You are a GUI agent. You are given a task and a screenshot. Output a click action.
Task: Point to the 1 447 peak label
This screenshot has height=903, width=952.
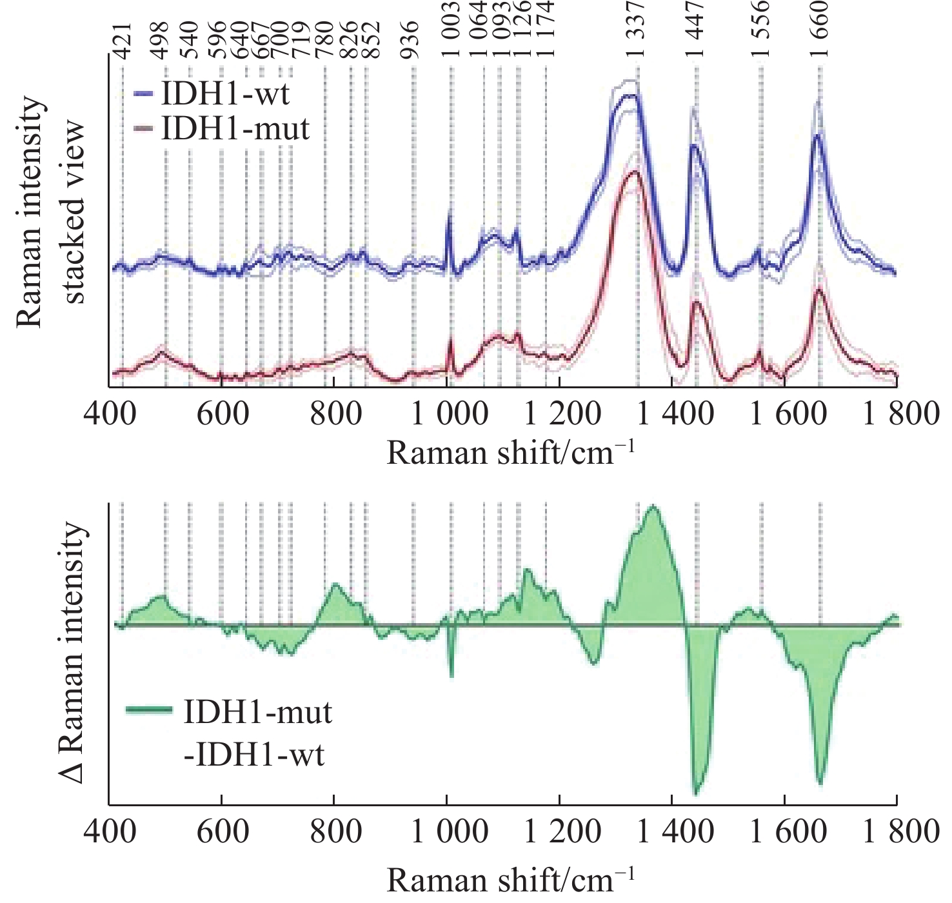click(696, 30)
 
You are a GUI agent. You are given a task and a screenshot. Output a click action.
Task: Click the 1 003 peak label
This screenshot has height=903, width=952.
click(451, 30)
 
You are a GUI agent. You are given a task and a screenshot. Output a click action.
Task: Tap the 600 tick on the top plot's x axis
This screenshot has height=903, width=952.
click(223, 413)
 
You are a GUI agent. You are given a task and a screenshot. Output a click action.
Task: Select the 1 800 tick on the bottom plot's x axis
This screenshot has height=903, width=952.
click(901, 831)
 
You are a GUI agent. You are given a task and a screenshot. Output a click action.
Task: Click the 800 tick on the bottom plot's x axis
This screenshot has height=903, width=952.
click(335, 831)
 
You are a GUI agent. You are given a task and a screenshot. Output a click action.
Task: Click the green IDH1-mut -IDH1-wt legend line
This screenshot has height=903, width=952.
click(149, 711)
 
